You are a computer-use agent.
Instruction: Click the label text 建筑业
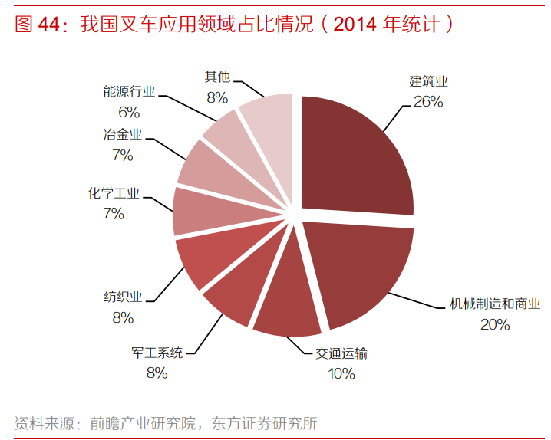click(x=428, y=81)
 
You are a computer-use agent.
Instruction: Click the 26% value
click(x=427, y=101)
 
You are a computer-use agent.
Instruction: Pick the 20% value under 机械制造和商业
click(x=495, y=324)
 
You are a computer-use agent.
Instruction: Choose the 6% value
click(x=129, y=112)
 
